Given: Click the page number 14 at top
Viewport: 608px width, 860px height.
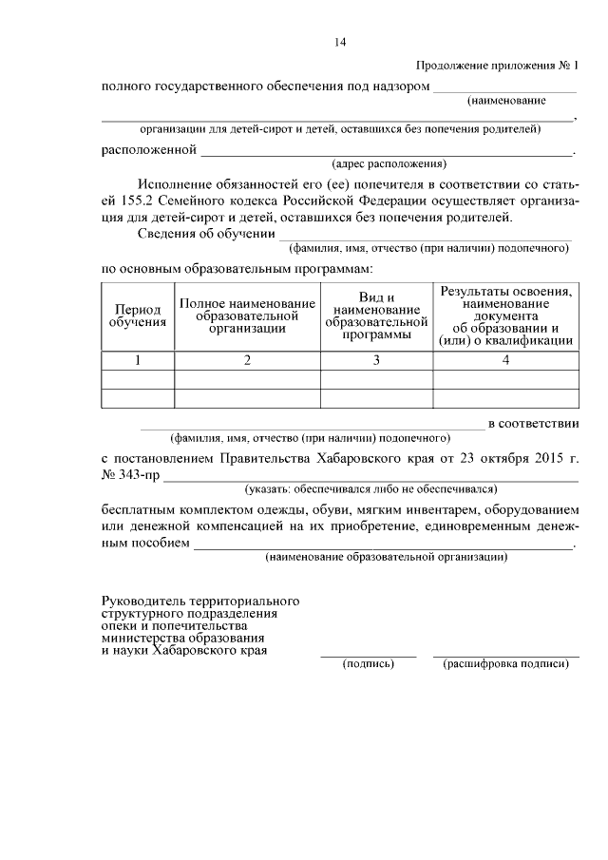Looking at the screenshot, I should point(341,42).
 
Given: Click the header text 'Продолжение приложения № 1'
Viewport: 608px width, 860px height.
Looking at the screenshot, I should point(498,66).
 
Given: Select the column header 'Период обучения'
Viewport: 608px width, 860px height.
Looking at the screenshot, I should point(138,315).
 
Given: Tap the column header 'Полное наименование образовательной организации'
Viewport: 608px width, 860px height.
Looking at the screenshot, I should point(247,315).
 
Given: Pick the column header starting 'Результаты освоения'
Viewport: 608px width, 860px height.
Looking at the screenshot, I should point(505,315).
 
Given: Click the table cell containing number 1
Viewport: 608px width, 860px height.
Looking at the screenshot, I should point(138,360).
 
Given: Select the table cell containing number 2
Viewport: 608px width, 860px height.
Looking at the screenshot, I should point(247,360).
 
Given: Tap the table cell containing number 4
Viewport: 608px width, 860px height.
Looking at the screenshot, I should point(505,360).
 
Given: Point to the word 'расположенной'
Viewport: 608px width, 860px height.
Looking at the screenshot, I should point(149,149).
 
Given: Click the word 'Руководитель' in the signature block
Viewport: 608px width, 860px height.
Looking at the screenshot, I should point(142,602).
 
